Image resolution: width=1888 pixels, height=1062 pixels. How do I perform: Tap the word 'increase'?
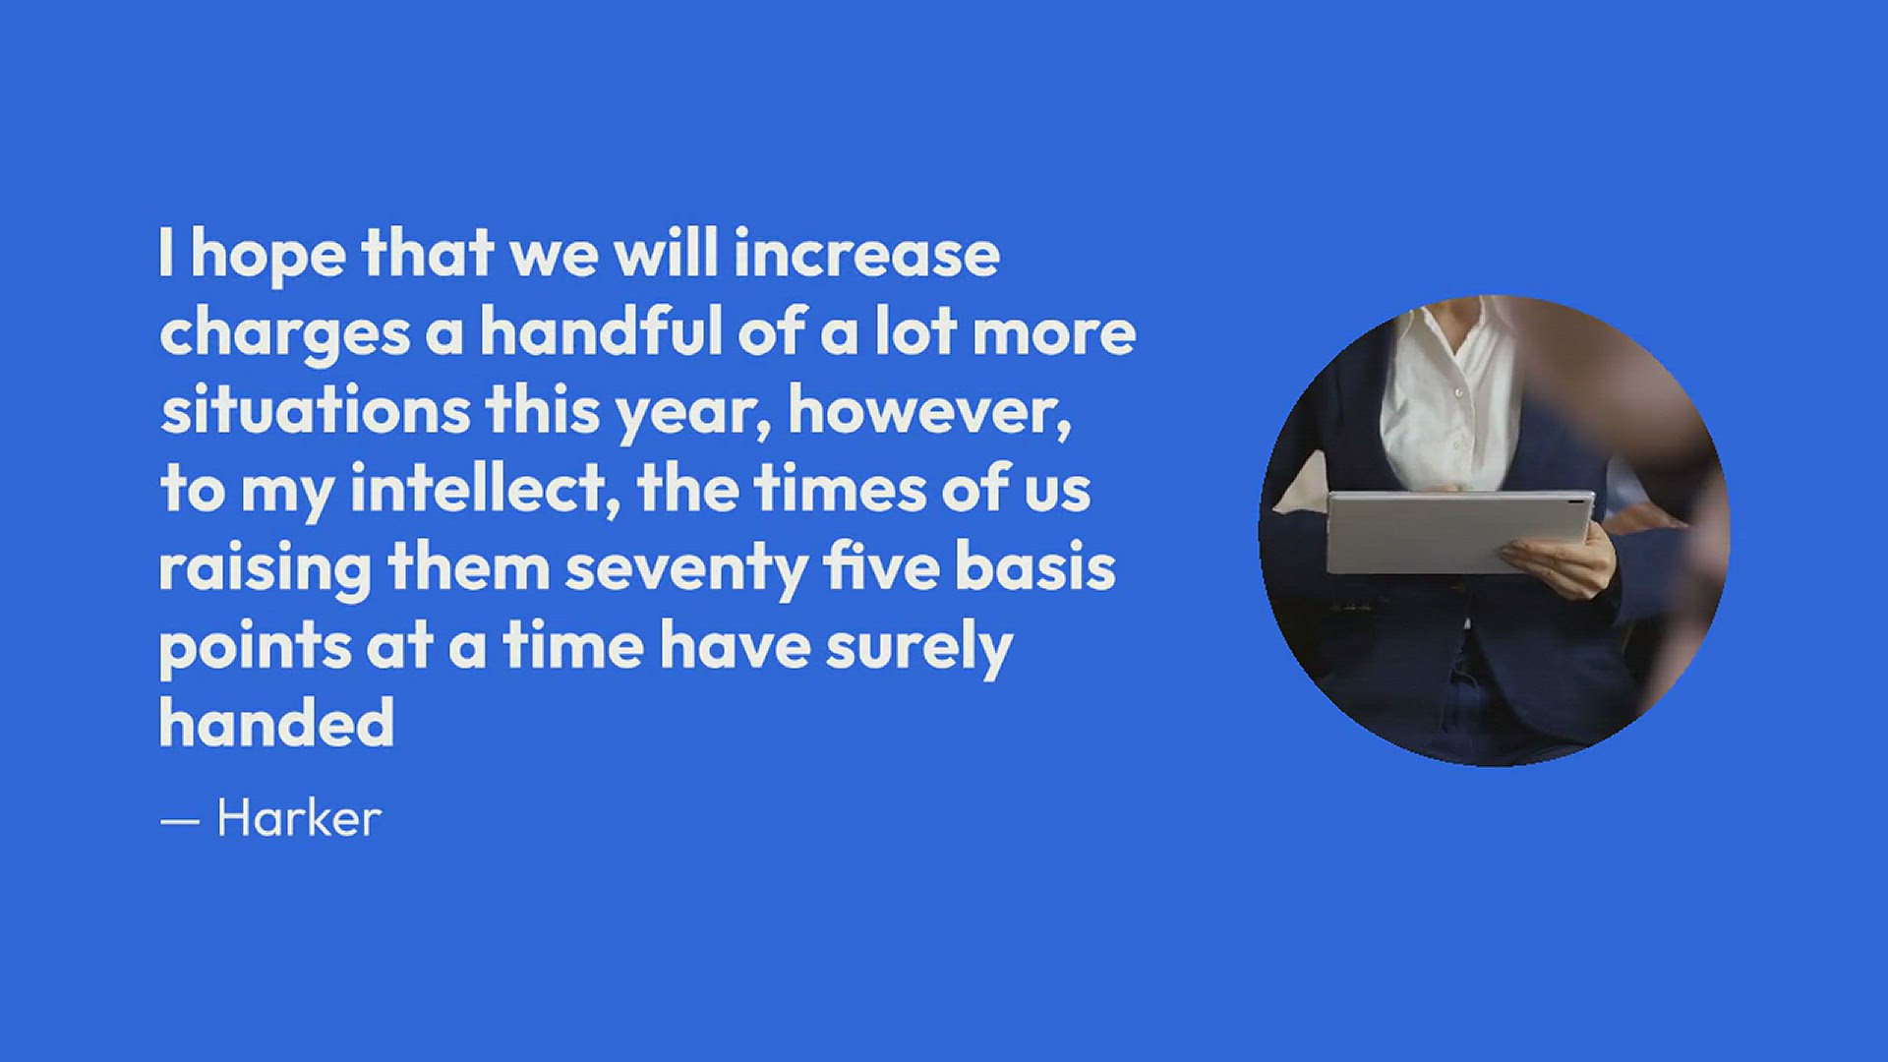pos(866,253)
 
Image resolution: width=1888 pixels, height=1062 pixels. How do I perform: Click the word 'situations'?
pos(316,410)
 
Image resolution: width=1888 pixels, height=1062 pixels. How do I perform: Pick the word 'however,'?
pos(930,411)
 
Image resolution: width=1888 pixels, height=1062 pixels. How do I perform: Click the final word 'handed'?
pos(277,723)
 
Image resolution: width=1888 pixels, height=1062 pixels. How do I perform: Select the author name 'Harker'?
pos(299,818)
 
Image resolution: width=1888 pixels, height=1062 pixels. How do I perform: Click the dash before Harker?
pos(180,820)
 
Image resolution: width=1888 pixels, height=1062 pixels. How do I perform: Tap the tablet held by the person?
pos(1459,532)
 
